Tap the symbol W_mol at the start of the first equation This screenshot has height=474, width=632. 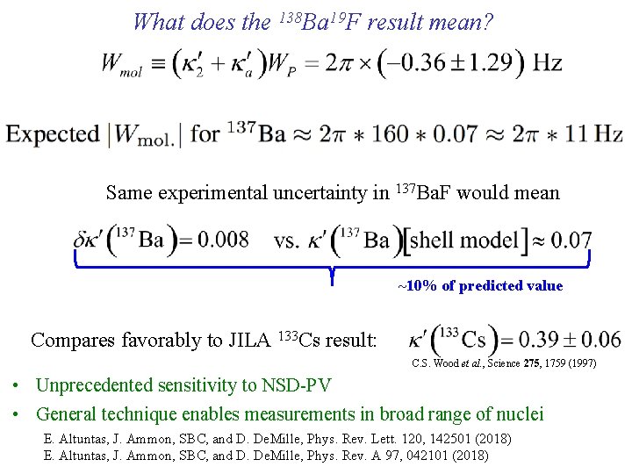(122, 65)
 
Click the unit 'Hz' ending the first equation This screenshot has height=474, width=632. (547, 63)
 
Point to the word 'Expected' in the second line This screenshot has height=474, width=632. (52, 134)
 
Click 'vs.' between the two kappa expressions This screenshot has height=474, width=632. (288, 241)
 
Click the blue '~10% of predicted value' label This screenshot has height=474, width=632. (480, 286)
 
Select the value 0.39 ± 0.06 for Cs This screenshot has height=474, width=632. (571, 340)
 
